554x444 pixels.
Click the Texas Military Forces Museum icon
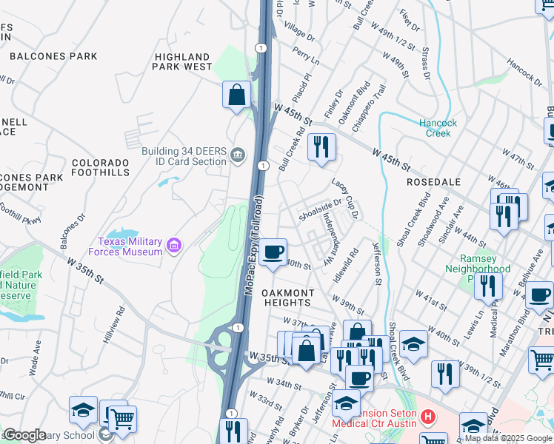(174, 245)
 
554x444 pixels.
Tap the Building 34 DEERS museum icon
(237, 154)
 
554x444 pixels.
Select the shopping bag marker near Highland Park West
(236, 95)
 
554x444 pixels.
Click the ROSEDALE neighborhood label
(433, 182)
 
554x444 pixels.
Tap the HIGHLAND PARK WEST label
(182, 61)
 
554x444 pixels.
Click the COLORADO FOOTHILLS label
(101, 166)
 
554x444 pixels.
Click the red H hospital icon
(427, 417)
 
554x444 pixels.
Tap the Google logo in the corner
(24, 435)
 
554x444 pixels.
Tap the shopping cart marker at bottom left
(122, 419)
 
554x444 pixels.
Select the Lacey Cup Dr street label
(345, 199)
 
